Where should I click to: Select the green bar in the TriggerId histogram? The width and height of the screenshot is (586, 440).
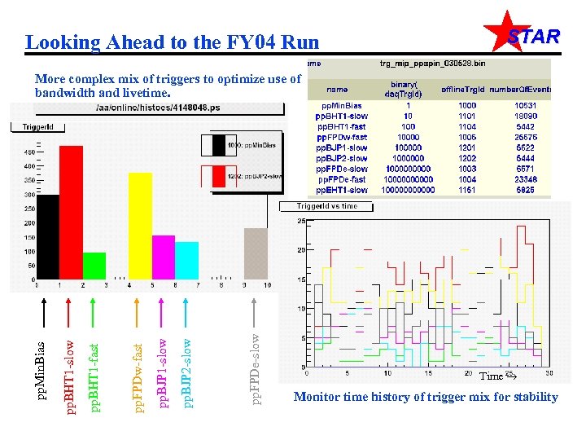click(94, 265)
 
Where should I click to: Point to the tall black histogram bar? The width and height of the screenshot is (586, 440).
click(48, 236)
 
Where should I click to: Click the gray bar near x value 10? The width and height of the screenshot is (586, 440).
click(256, 253)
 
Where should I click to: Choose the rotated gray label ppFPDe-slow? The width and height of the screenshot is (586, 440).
click(256, 366)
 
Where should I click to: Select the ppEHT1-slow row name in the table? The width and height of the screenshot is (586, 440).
click(342, 190)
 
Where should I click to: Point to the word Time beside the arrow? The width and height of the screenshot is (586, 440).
click(491, 376)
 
